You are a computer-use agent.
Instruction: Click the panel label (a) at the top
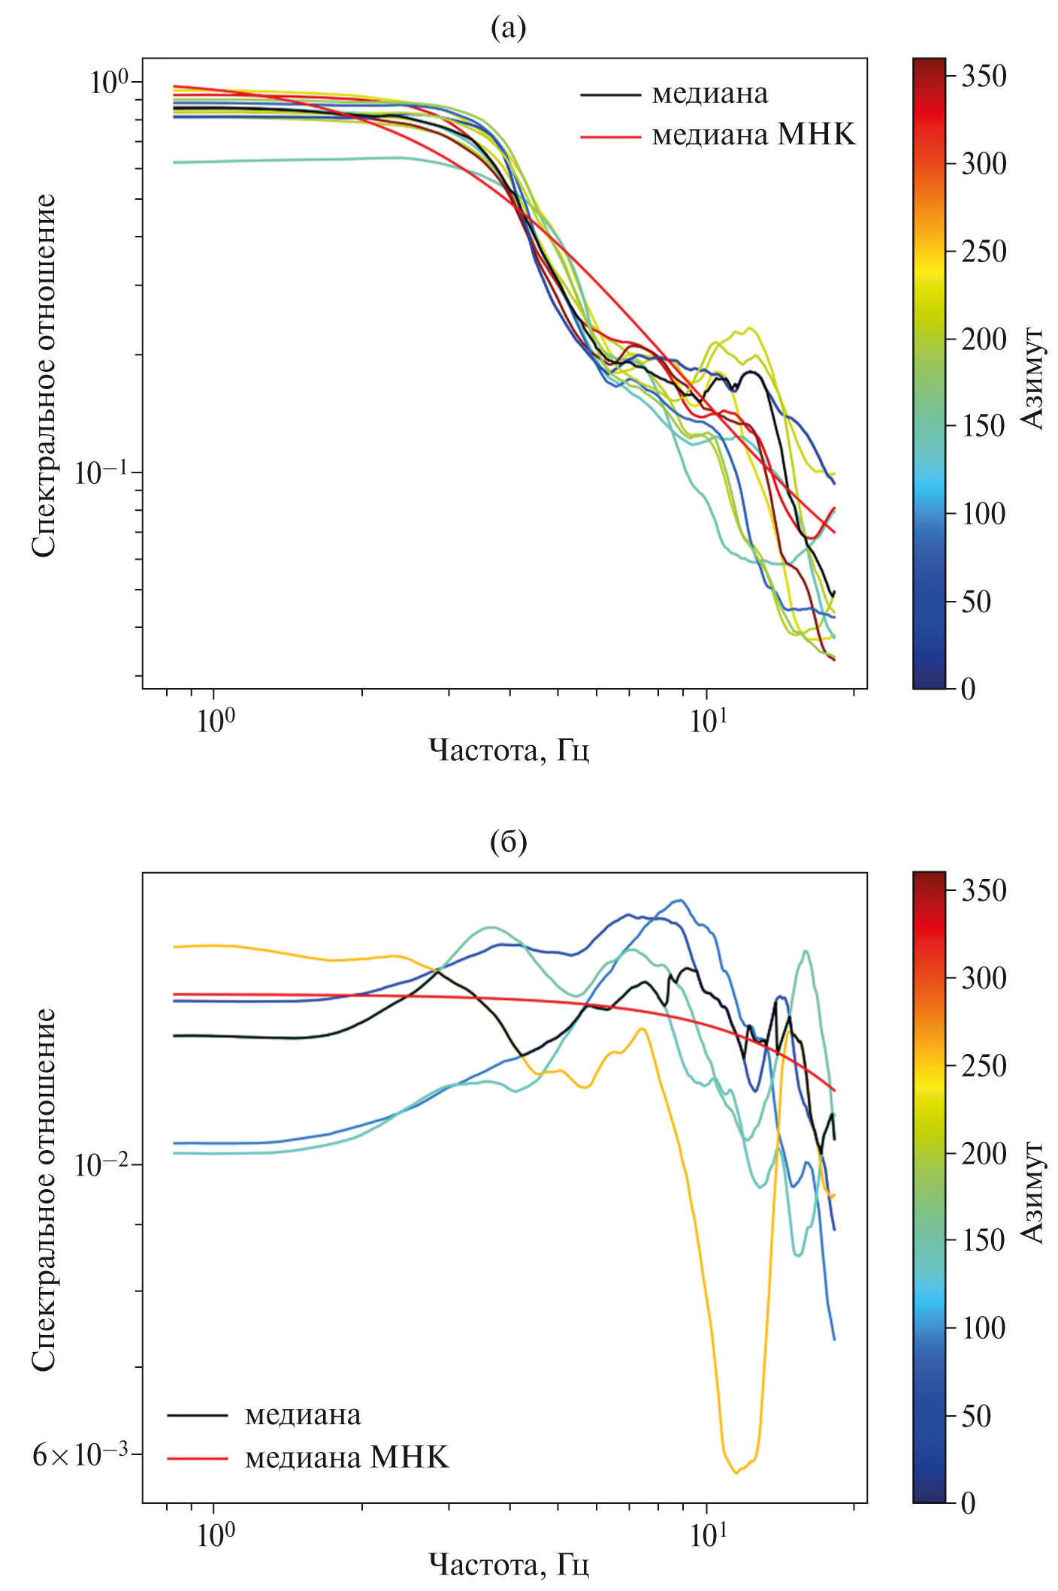[x=508, y=29]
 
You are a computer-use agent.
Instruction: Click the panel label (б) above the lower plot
[x=508, y=843]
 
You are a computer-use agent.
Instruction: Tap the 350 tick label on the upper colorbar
[x=984, y=76]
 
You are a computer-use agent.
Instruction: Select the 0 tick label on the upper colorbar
[x=968, y=688]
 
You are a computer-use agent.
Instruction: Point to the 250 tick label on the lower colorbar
[x=984, y=1065]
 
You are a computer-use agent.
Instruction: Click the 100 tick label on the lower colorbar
[x=984, y=1328]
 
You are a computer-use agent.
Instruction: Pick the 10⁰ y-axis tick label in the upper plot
[x=109, y=82]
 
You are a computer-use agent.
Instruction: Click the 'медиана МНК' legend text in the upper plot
[x=753, y=135]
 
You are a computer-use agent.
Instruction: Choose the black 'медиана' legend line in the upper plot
[x=610, y=95]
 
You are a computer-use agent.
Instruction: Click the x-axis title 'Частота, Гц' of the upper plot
[x=508, y=750]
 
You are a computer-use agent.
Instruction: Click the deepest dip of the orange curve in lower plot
[x=736, y=1473]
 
